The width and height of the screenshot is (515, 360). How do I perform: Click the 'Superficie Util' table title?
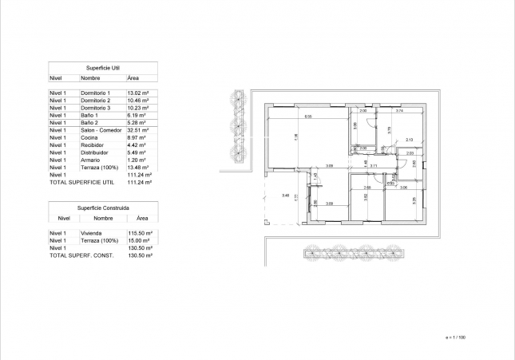(x=103, y=69)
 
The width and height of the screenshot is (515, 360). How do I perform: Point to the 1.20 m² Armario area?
(x=137, y=160)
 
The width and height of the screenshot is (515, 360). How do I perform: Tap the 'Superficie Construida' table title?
(x=103, y=207)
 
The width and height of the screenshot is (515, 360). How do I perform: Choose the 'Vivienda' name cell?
(x=91, y=233)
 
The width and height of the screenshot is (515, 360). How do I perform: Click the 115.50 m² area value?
(x=141, y=233)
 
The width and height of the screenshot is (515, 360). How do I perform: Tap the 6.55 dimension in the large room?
(x=307, y=117)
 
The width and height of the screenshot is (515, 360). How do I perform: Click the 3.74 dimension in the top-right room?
(x=399, y=110)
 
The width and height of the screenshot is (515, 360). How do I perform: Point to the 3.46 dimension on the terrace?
(x=285, y=195)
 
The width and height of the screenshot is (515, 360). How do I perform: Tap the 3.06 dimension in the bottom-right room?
(x=403, y=188)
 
